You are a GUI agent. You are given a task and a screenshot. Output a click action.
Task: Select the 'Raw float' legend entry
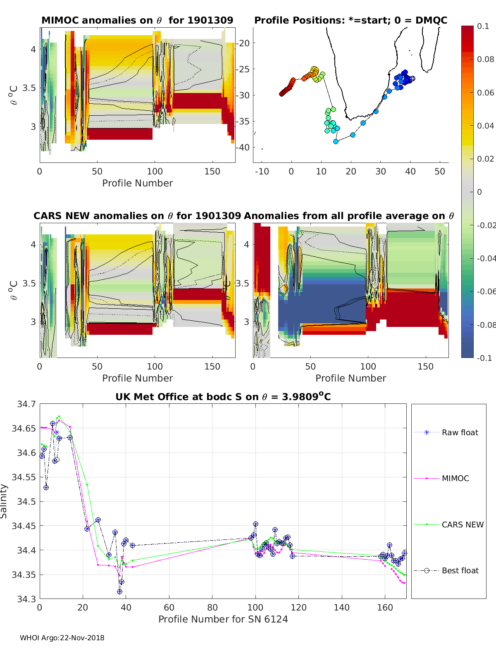point(460,432)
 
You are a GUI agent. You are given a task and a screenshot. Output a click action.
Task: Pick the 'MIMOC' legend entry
point(455,478)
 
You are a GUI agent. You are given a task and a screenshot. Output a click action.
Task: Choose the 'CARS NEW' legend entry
point(463,525)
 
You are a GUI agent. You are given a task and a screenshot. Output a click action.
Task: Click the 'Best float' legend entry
point(460,570)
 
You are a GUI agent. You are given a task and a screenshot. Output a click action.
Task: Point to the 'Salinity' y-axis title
point(4,501)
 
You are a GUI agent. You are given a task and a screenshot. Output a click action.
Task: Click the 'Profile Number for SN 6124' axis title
point(223,619)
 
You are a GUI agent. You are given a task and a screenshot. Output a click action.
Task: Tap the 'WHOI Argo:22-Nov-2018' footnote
point(62,638)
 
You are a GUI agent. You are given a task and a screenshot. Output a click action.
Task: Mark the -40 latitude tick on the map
point(243,147)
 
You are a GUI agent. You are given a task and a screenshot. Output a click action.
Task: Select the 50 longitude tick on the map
point(440,171)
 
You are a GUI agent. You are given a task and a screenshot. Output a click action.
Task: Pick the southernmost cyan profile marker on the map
point(336,141)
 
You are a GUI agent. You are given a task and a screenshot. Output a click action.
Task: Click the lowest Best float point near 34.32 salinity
point(119,591)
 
